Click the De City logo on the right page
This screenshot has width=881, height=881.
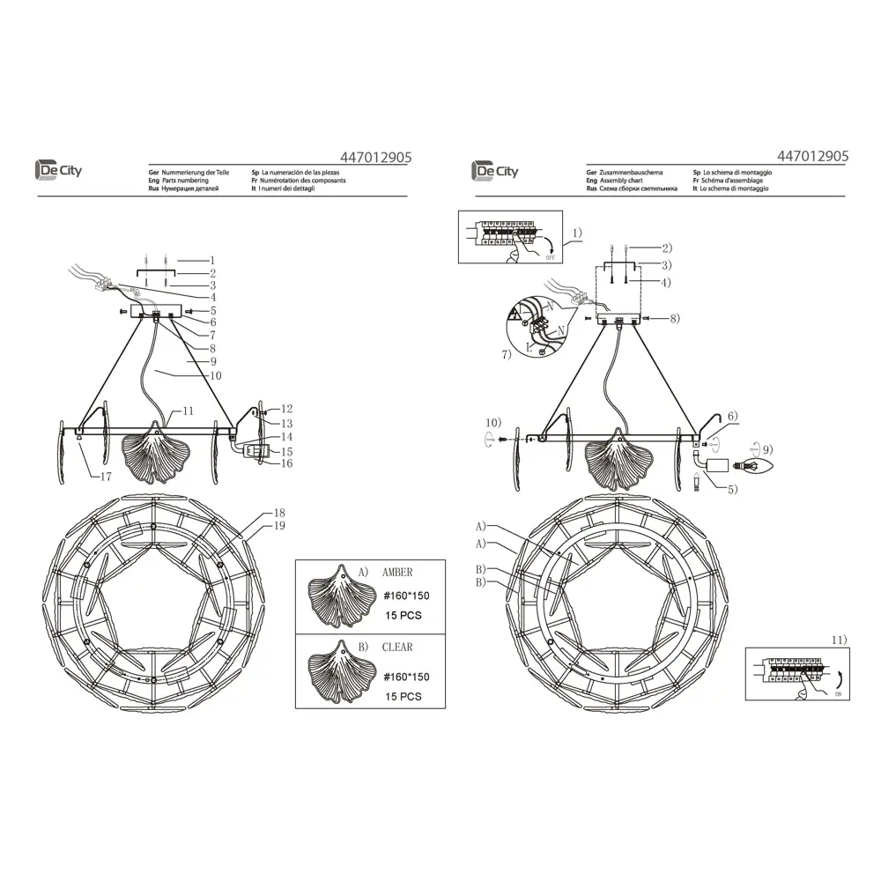click(x=494, y=170)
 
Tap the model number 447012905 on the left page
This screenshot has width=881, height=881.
click(x=375, y=157)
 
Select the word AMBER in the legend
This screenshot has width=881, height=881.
click(x=397, y=572)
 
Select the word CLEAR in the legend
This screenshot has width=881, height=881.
click(x=396, y=647)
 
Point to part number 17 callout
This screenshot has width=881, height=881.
click(x=106, y=477)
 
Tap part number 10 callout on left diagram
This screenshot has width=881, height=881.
click(x=215, y=375)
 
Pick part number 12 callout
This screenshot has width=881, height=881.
click(x=287, y=409)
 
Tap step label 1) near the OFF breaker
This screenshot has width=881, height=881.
click(x=576, y=233)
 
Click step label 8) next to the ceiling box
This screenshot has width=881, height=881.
click(x=673, y=318)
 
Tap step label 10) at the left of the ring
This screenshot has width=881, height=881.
click(x=492, y=421)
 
